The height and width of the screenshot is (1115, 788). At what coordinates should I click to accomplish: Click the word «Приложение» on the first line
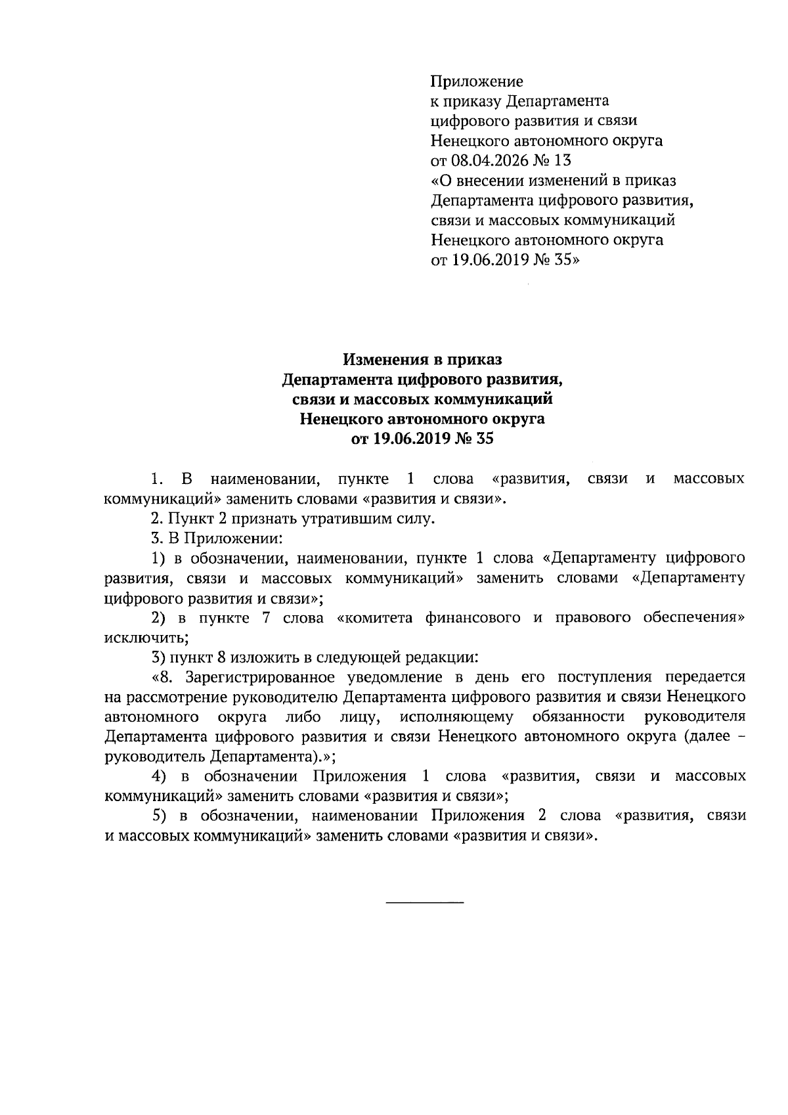[477, 82]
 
